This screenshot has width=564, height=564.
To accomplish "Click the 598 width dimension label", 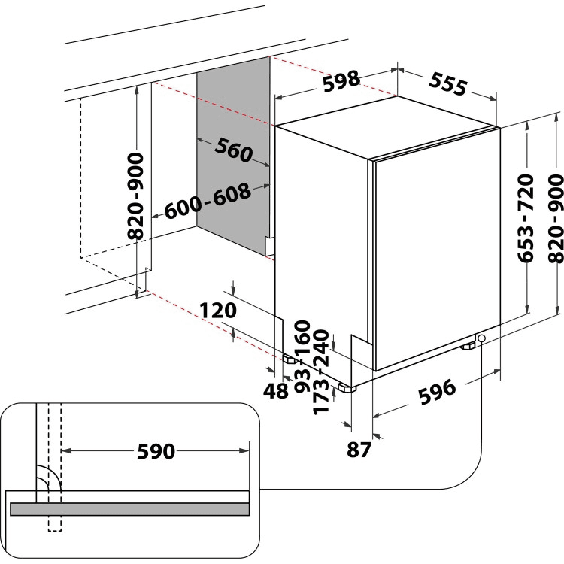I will click(341, 81).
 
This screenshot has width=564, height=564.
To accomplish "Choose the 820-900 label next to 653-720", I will click(555, 219).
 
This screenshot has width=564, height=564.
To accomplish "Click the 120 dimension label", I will click(219, 310).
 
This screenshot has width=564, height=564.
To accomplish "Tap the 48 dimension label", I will click(277, 390).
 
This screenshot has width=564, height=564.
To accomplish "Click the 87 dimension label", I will click(360, 450).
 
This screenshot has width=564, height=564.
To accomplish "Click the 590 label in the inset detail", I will click(156, 451).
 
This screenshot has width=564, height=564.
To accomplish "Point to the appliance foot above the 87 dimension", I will click(347, 389).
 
